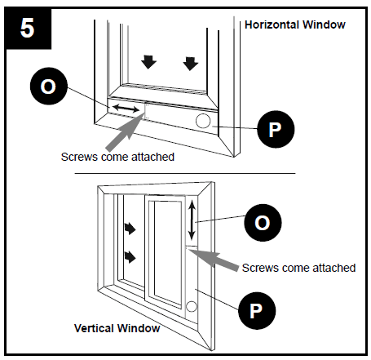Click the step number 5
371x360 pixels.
point(27,28)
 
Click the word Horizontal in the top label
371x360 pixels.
point(272,24)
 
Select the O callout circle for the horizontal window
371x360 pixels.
point(49,87)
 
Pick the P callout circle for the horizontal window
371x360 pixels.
point(276,129)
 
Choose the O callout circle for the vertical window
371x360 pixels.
point(263,223)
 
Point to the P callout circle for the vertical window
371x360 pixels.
point(257,311)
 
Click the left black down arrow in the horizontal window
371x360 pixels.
point(148,62)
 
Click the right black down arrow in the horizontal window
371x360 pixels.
point(190,64)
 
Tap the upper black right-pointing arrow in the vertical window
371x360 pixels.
point(130,229)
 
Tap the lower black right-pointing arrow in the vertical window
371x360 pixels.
point(130,257)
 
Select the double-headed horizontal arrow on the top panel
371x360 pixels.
point(126,109)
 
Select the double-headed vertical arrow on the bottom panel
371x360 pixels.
point(192,220)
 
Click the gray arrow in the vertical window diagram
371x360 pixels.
point(214,260)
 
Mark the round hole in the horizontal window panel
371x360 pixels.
point(203,121)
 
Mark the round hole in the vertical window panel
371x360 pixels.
point(191,306)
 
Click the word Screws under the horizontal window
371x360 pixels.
point(79,157)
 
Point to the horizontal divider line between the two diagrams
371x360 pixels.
point(185,173)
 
